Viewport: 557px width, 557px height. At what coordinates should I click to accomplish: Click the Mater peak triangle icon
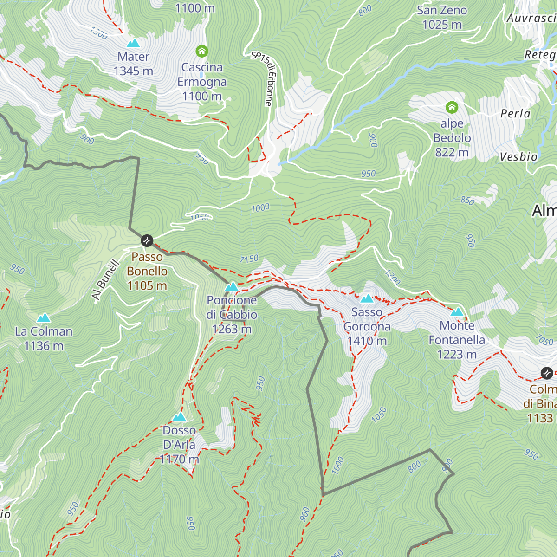click(x=133, y=43)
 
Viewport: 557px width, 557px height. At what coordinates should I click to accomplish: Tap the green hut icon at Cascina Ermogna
click(x=202, y=51)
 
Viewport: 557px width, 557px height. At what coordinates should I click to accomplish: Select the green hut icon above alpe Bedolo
click(x=452, y=108)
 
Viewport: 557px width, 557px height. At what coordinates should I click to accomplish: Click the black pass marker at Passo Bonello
click(x=147, y=240)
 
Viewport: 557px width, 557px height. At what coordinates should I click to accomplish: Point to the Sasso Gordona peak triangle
click(x=367, y=298)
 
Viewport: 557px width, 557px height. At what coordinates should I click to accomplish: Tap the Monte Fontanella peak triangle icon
click(x=457, y=312)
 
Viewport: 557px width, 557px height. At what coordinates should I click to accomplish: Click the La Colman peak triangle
click(x=44, y=318)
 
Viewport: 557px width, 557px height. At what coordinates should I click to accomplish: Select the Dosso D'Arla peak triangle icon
click(x=179, y=417)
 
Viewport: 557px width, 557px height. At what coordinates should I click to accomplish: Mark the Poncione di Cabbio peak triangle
click(x=232, y=287)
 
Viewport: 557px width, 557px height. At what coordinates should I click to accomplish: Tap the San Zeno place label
click(x=441, y=10)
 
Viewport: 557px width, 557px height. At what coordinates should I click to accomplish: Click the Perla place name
click(x=515, y=114)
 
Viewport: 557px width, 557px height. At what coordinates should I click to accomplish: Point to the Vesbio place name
click(x=518, y=157)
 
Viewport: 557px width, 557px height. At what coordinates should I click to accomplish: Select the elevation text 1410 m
click(x=367, y=341)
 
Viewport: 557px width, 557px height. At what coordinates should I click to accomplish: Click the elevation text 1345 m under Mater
click(x=133, y=71)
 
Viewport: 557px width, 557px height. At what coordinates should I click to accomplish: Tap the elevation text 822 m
click(x=452, y=152)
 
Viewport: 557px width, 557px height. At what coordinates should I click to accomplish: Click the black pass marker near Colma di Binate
click(x=547, y=373)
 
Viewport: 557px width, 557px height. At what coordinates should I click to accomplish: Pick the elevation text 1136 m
click(x=44, y=346)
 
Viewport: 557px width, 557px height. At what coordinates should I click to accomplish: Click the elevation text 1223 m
click(x=457, y=355)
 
